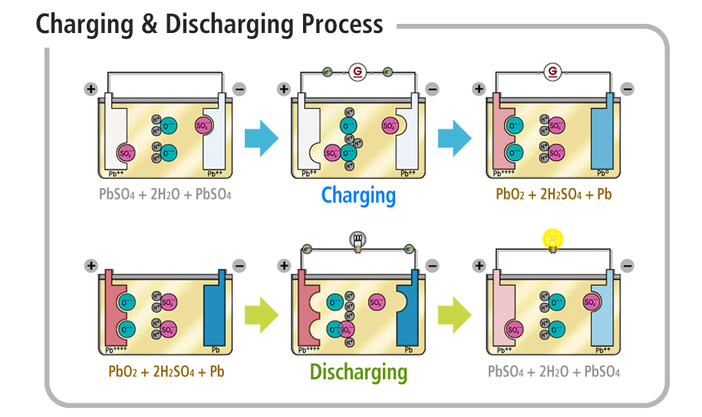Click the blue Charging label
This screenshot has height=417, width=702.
click(x=358, y=195)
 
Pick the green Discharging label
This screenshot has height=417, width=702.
click(x=358, y=372)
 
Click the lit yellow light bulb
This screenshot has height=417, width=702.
click(x=550, y=240)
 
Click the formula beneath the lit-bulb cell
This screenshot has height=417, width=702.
click(x=553, y=372)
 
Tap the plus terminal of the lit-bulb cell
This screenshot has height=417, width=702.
click(x=480, y=266)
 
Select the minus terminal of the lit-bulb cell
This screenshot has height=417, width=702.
click(x=627, y=266)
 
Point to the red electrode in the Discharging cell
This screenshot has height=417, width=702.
click(x=306, y=311)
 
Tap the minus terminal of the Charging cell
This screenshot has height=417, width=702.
click(x=432, y=90)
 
